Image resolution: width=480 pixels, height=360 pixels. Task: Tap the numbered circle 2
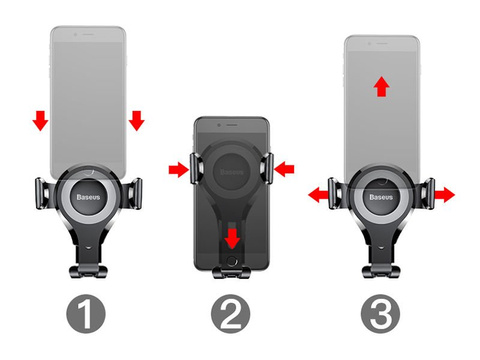233,318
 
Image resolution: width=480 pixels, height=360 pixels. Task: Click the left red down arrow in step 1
40,121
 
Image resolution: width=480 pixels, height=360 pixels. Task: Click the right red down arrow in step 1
136,121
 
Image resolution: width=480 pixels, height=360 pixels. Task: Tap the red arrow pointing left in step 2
287,171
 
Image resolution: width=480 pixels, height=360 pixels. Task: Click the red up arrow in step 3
381,88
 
